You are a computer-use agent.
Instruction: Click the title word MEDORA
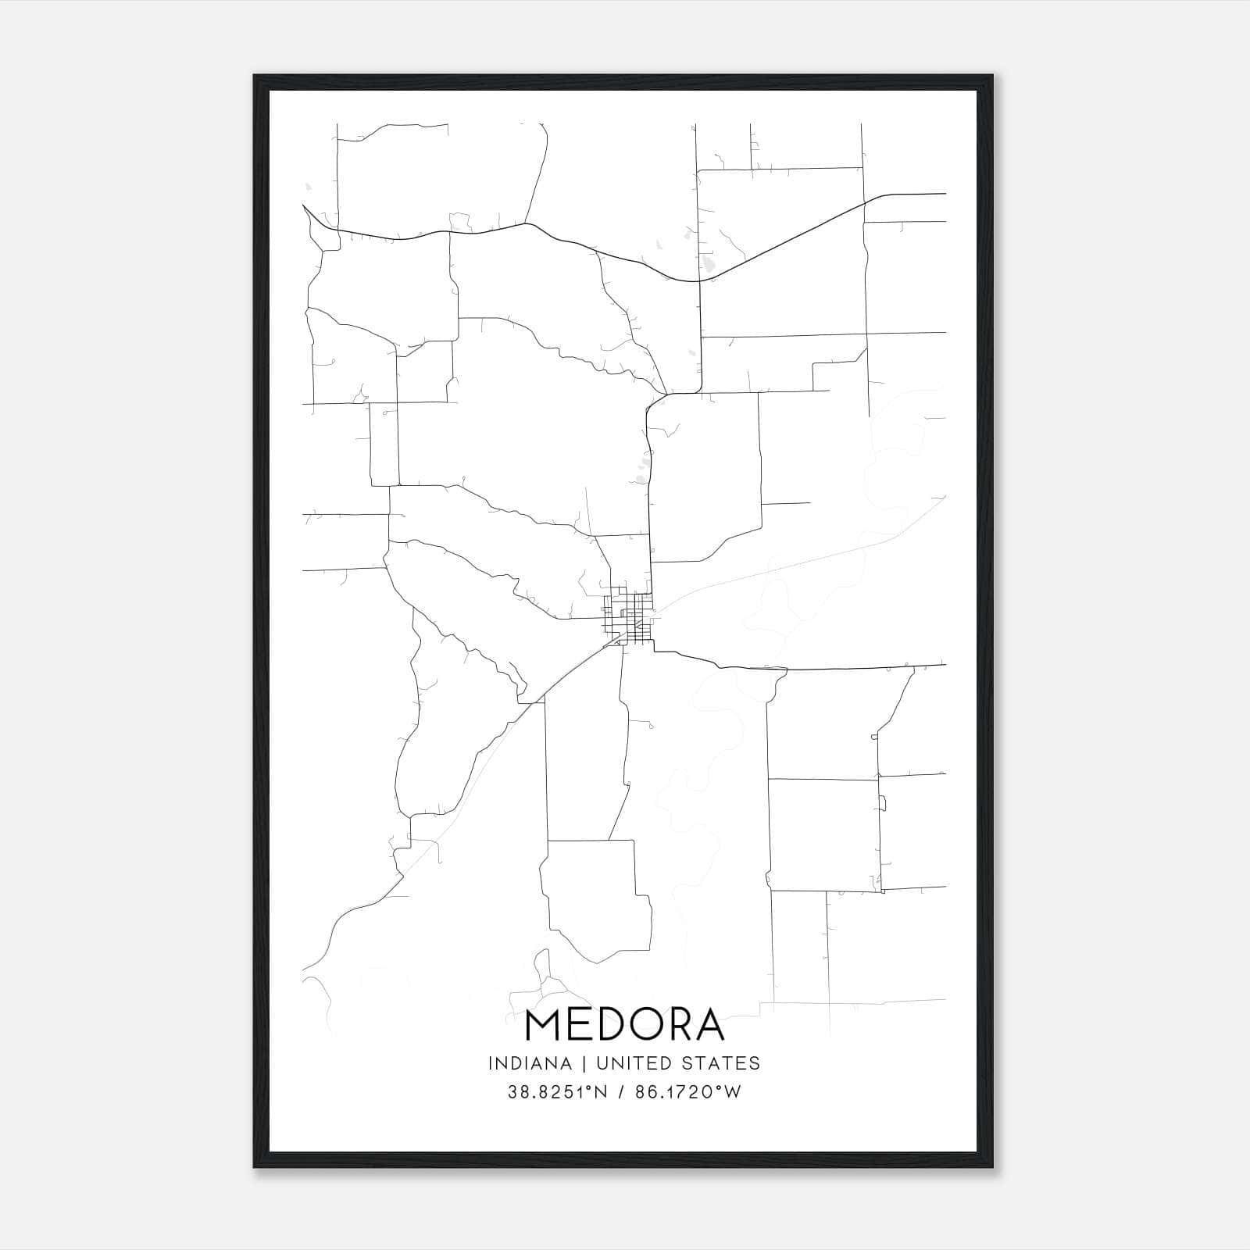click(x=624, y=1025)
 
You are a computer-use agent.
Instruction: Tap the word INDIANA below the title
click(x=526, y=1063)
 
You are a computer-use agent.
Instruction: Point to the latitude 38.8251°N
click(x=557, y=1092)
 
